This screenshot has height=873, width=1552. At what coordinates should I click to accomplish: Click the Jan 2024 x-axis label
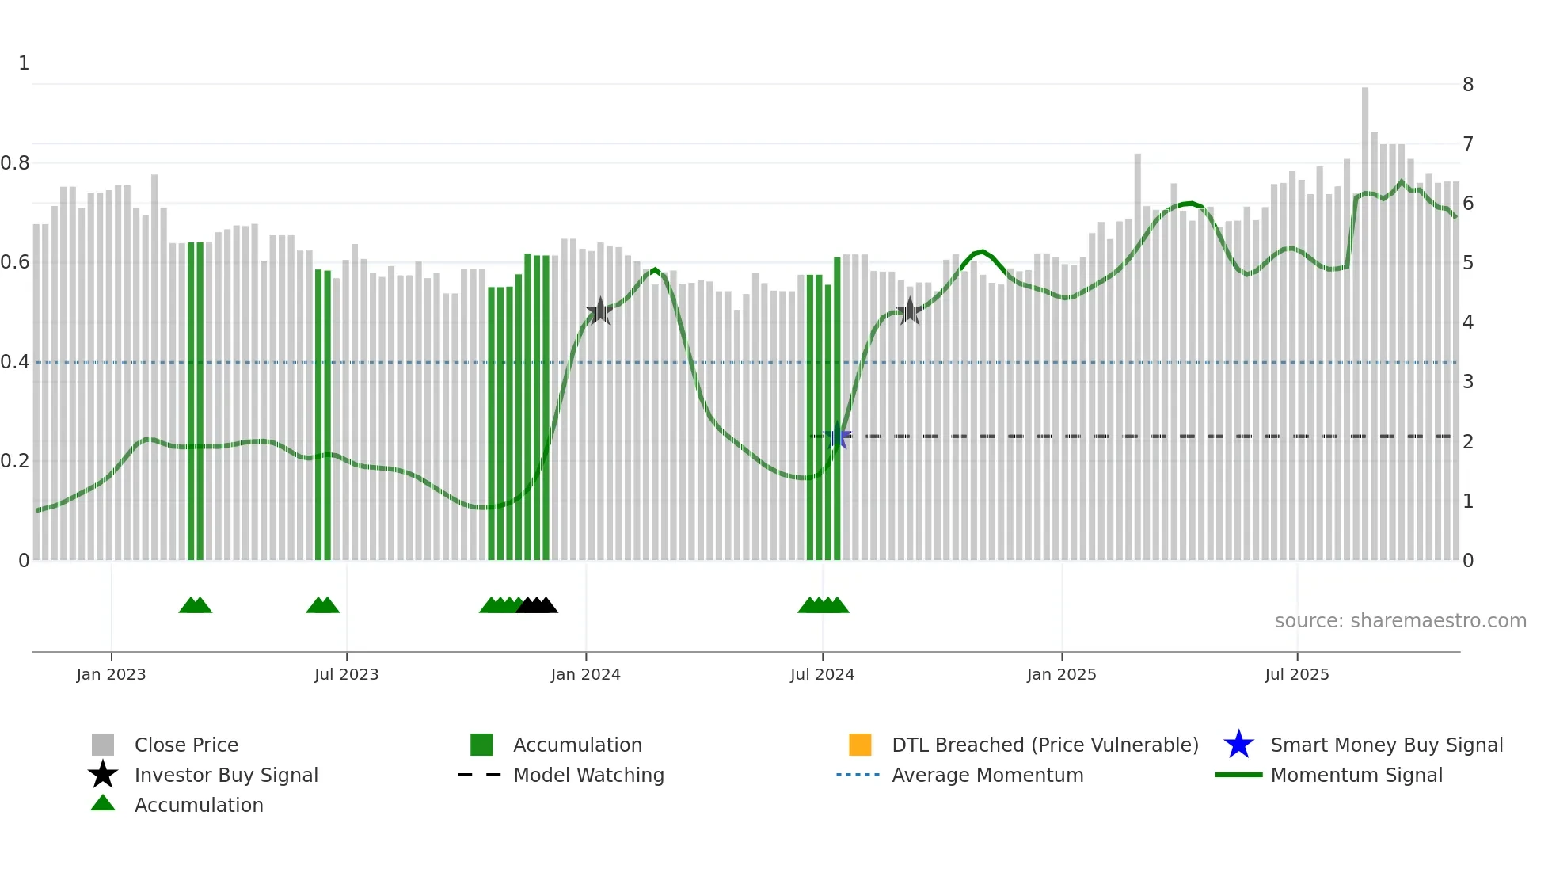[x=585, y=674]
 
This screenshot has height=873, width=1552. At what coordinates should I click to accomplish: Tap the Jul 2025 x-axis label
[x=1296, y=674]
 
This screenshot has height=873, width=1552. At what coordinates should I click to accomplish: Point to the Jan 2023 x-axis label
[x=111, y=674]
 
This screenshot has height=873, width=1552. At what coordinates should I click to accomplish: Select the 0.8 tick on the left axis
[x=16, y=163]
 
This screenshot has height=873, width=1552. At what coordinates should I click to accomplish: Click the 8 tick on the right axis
[x=1467, y=85]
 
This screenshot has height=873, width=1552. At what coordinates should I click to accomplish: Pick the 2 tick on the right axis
[x=1467, y=442]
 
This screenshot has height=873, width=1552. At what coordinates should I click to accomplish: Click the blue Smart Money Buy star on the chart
[x=838, y=436]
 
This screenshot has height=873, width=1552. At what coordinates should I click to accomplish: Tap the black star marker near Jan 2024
[x=600, y=311]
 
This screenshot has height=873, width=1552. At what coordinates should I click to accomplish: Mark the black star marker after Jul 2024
[x=910, y=311]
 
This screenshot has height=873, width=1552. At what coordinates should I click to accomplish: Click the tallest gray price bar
[x=1365, y=317]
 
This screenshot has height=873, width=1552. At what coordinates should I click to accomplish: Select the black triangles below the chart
[x=537, y=605]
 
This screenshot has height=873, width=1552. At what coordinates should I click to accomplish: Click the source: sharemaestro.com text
[x=1400, y=621]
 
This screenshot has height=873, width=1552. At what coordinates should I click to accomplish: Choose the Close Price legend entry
[x=186, y=745]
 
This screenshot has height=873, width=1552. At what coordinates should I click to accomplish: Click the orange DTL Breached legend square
[x=860, y=745]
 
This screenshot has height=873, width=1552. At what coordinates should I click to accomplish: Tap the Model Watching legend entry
[x=588, y=775]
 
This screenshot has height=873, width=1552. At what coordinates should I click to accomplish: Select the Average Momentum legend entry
[x=987, y=775]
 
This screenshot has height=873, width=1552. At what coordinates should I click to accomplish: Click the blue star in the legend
[x=1238, y=745]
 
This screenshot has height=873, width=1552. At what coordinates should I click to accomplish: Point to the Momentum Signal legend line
[x=1238, y=775]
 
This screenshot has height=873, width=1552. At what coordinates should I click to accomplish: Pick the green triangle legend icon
[x=103, y=804]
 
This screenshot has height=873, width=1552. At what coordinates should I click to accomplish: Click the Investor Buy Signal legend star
[x=103, y=775]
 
